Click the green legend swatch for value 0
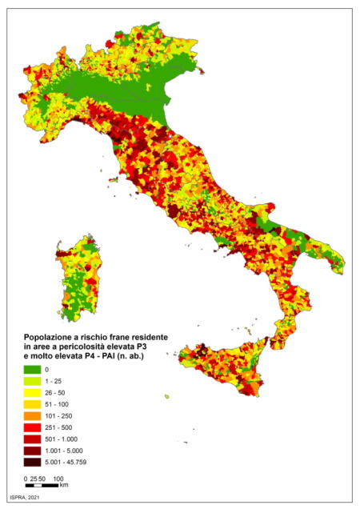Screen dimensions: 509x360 31,369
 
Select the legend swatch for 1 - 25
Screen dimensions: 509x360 31,382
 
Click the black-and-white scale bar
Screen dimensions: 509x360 43,485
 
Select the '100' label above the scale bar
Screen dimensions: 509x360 58,479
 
